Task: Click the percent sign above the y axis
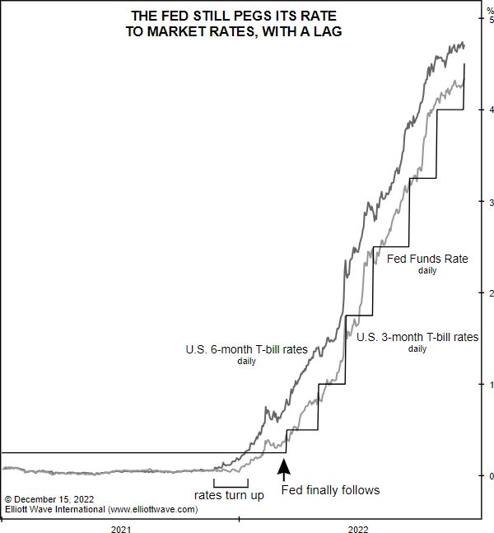[x=489, y=7]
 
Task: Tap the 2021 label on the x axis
[x=121, y=528]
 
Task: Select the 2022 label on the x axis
[x=357, y=528]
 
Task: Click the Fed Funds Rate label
[x=427, y=259]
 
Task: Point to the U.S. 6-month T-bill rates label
[x=246, y=350]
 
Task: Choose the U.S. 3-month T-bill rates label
[x=417, y=337]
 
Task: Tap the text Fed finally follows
[x=330, y=490]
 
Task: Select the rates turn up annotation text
[x=229, y=495]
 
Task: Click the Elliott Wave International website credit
[x=101, y=510]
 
